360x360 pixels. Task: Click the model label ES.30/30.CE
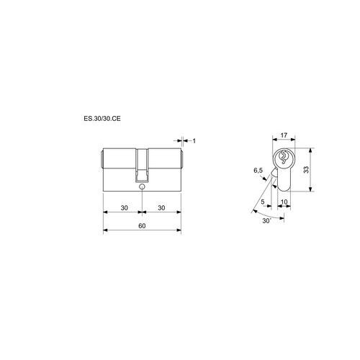click(102, 119)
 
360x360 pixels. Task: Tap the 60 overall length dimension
click(142, 226)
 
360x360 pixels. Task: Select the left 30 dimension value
click(124, 207)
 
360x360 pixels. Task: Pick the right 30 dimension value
click(161, 207)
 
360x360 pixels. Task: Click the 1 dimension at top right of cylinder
click(194, 140)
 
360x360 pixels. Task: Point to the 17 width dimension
click(284, 135)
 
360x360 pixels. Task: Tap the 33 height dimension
click(306, 169)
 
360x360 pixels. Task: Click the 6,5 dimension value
click(258, 171)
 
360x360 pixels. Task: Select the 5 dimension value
click(263, 202)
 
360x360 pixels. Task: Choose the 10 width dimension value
click(284, 202)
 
